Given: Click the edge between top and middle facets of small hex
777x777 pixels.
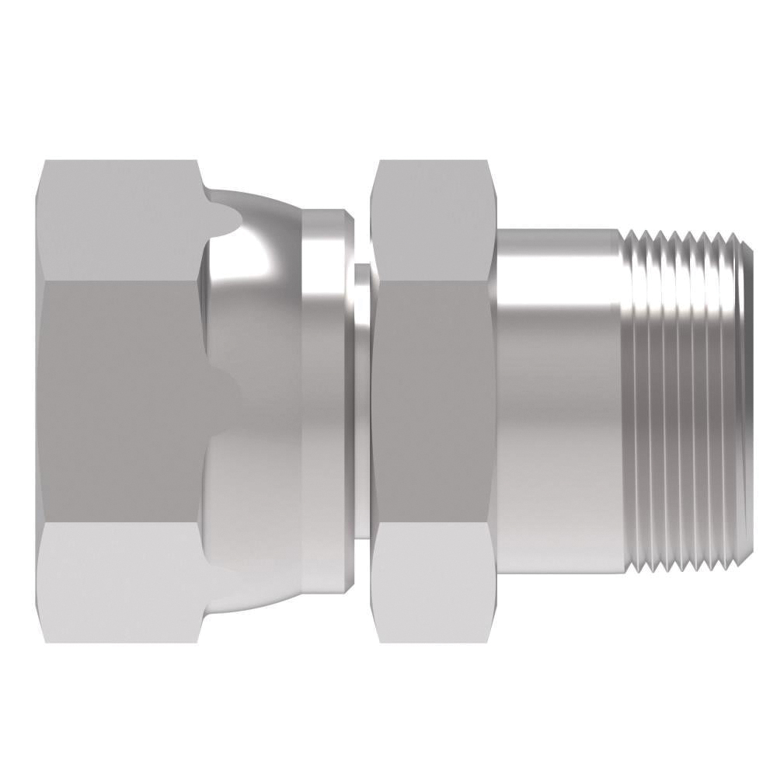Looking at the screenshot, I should [x=431, y=280].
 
